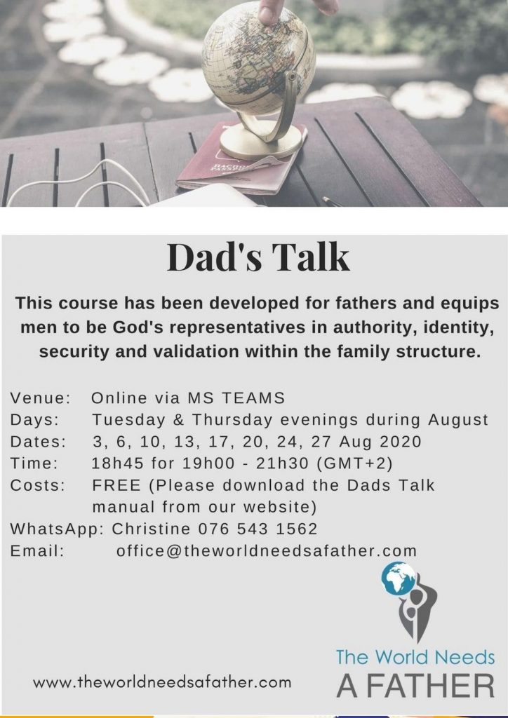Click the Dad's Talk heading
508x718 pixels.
click(258, 258)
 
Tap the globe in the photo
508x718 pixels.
click(258, 57)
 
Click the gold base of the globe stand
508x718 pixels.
click(261, 142)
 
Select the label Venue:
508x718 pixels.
click(40, 398)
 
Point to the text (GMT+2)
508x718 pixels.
click(354, 464)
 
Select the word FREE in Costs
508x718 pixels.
click(116, 485)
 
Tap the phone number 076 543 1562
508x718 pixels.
click(258, 529)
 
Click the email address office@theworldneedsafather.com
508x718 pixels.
click(267, 550)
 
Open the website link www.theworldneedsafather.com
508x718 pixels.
click(162, 683)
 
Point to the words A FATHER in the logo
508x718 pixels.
click(415, 685)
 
